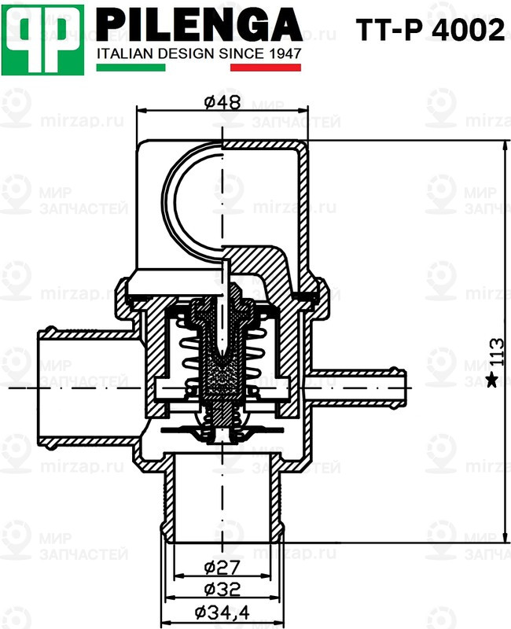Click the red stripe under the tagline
point(265,68)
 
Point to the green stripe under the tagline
point(131,68)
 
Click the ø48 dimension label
point(222,102)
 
